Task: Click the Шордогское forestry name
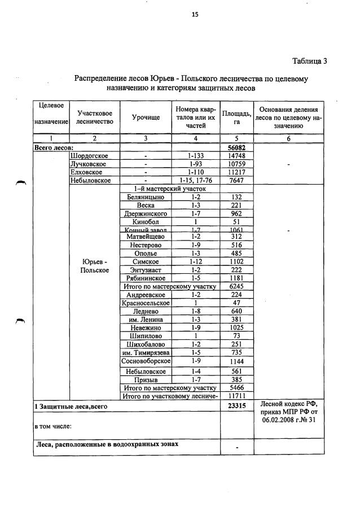(89, 155)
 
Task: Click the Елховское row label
(87, 172)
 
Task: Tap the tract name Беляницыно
(146, 197)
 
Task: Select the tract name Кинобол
(146, 222)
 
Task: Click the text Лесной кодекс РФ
(289, 404)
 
